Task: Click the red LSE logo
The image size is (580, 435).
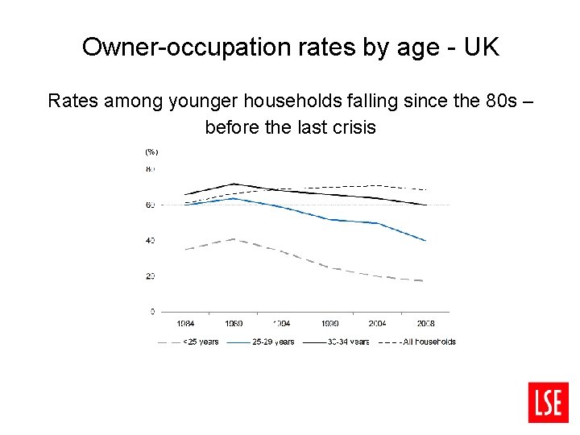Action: coord(549,402)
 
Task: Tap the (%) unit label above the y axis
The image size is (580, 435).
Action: coord(151,151)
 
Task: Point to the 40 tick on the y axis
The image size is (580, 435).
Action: coord(150,241)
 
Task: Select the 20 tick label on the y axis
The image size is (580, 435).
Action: coord(150,276)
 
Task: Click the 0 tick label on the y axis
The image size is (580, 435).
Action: coord(152,311)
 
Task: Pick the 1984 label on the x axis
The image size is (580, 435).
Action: coord(185,324)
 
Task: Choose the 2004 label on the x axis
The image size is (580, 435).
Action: coord(377,324)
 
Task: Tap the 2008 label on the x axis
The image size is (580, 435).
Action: coord(425,324)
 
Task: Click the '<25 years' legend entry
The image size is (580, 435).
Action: coord(200,342)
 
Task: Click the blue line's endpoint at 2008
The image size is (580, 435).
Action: coord(425,241)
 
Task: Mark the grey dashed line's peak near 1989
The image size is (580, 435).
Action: coord(234,239)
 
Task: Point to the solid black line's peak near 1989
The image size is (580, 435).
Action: coord(234,184)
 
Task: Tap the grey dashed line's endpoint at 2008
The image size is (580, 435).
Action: coord(425,280)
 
